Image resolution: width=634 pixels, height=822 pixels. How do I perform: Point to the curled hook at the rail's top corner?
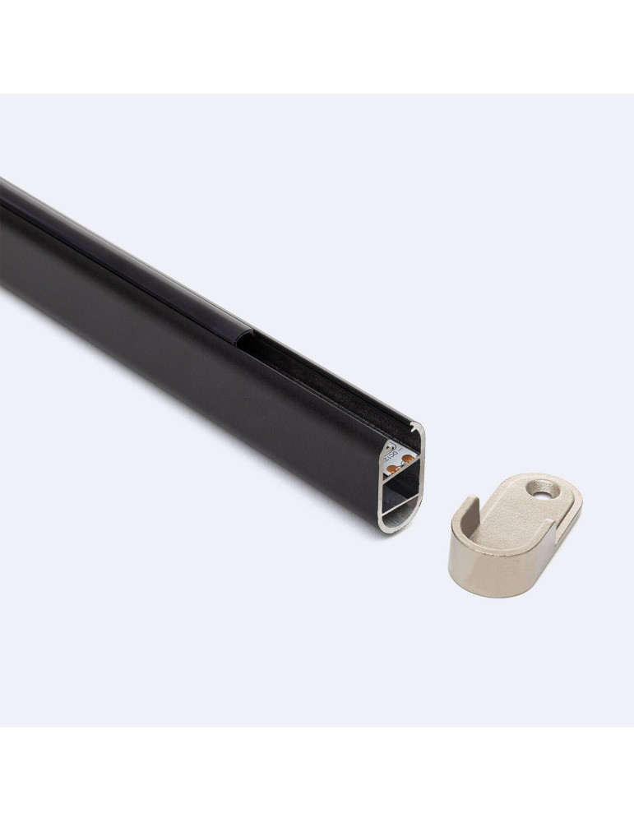[419, 428]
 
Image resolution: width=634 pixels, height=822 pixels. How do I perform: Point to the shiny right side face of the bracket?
[559, 547]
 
